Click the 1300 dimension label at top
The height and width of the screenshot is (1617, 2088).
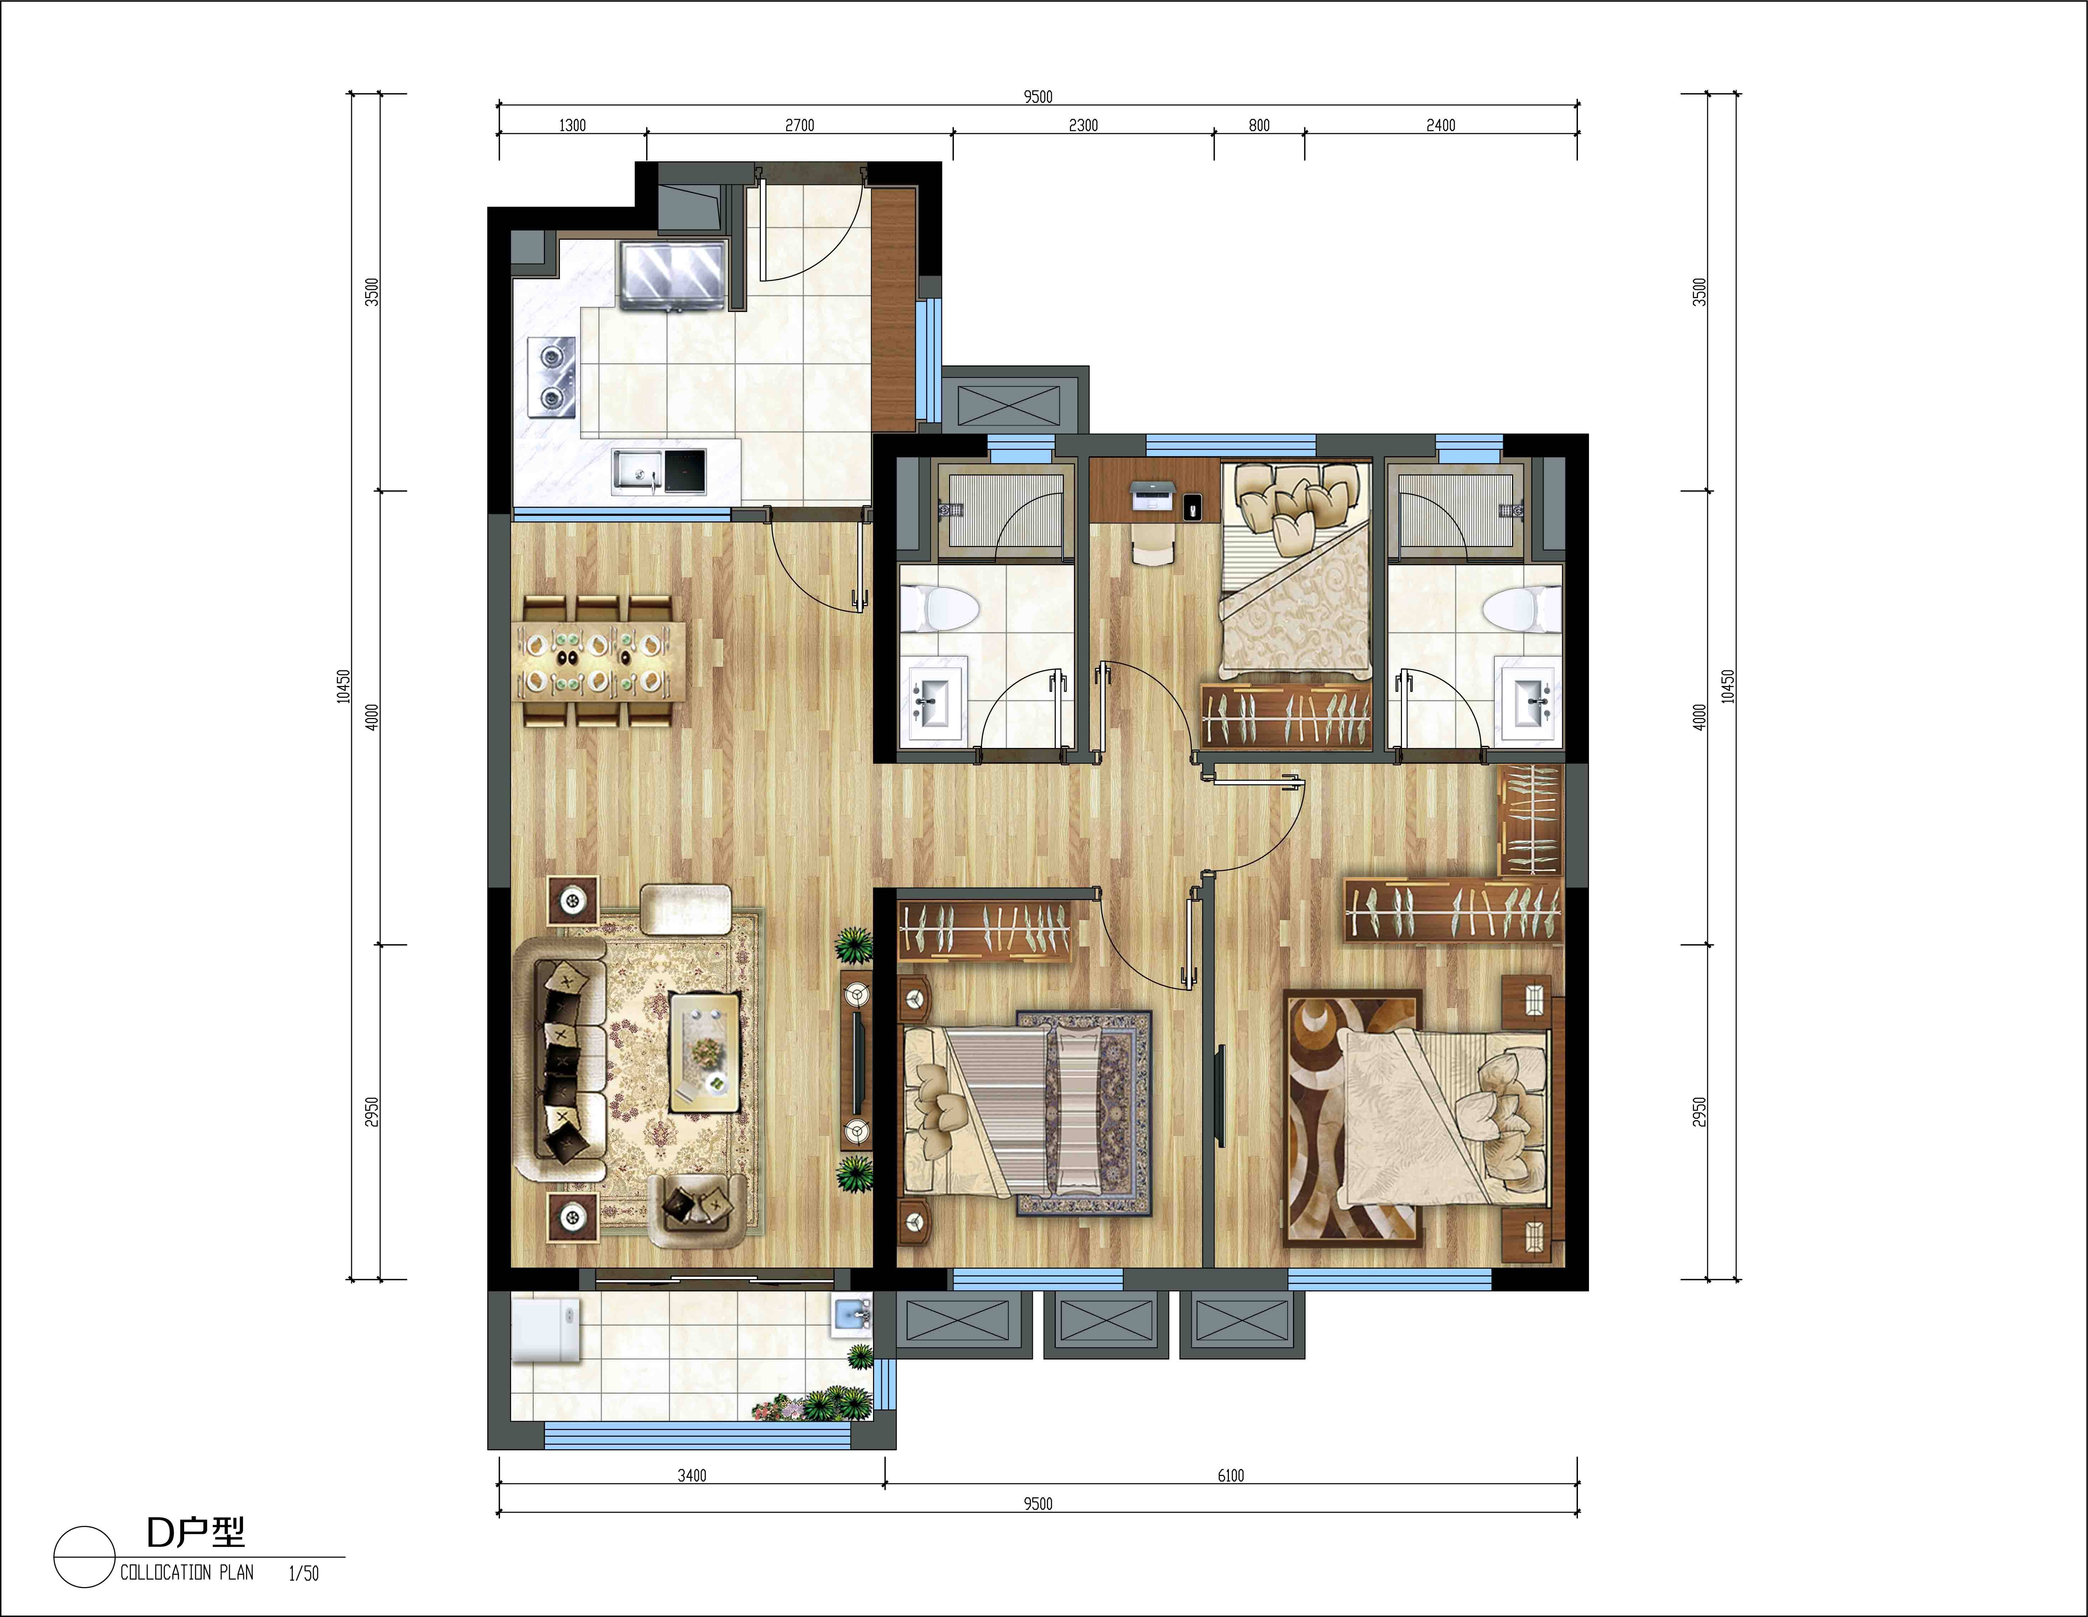(x=572, y=125)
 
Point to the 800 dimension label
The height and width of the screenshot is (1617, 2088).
(x=1259, y=125)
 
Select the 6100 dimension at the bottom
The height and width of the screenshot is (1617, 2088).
(x=1230, y=1476)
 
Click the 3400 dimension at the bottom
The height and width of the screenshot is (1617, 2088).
(x=692, y=1476)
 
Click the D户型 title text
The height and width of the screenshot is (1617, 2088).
(x=196, y=1533)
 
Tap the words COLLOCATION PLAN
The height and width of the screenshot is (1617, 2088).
(x=187, y=1572)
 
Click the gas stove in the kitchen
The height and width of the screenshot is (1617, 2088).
(x=552, y=377)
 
